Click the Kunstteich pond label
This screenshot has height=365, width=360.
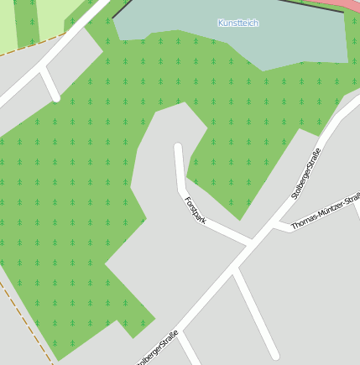click(x=237, y=23)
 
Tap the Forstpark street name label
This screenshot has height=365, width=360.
click(x=195, y=209)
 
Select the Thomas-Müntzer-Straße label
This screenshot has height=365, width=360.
click(x=326, y=211)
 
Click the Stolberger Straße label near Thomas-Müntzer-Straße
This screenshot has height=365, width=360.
click(x=306, y=173)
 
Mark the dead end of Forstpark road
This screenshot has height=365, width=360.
click(x=178, y=148)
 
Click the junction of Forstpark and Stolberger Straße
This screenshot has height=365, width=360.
click(x=250, y=243)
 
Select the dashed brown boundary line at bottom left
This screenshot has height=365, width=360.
click(x=25, y=319)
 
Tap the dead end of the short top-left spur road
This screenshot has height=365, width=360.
click(x=56, y=97)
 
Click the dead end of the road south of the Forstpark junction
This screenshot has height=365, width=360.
click(x=274, y=355)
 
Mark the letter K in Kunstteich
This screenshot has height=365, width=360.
click(x=221, y=23)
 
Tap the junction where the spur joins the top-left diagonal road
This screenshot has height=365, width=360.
click(x=43, y=72)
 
